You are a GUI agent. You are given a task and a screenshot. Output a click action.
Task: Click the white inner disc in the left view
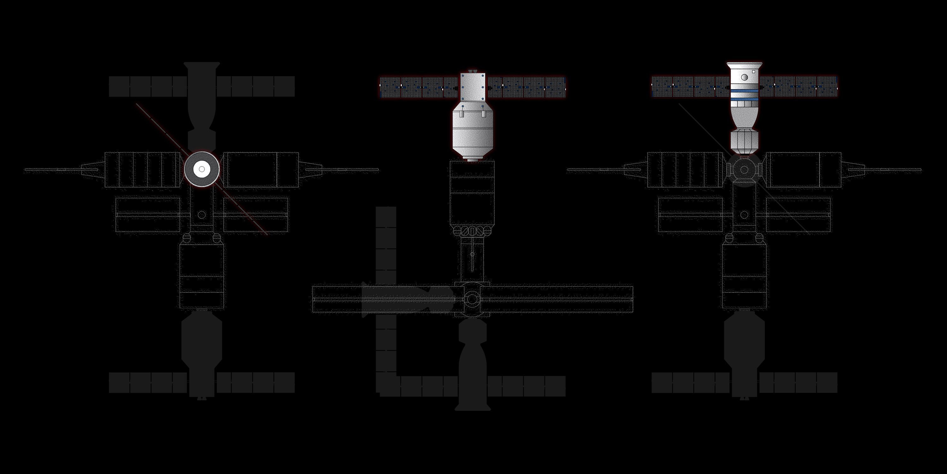tap(201, 169)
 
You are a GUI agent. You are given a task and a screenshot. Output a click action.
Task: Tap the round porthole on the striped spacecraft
tap(744, 77)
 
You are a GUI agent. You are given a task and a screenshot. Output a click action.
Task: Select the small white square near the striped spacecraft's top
tap(753, 72)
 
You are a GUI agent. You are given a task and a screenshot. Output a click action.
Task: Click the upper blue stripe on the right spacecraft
tap(744, 90)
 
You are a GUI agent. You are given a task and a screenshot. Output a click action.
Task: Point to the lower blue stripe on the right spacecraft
tap(744, 99)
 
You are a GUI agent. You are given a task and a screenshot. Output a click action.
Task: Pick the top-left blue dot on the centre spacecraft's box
tap(463, 76)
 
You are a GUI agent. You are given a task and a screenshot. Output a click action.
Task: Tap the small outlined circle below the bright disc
tap(201, 215)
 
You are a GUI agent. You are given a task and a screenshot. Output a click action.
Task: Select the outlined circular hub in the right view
tap(744, 170)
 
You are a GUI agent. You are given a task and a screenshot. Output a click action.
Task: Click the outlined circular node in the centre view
tap(472, 299)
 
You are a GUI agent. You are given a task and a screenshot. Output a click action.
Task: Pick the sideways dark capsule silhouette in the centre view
tap(406, 299)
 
